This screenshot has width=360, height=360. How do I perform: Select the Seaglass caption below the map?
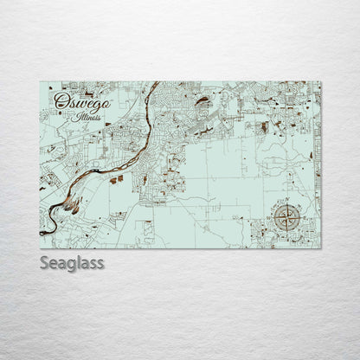coord(72,263)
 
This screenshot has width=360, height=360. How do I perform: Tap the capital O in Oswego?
coord(61,101)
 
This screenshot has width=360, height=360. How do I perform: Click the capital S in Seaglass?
coord(44,262)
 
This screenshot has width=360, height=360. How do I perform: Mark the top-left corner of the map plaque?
coord(40,82)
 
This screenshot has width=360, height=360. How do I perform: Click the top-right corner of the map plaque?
coord(321,82)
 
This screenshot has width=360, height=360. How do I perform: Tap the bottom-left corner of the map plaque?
coord(40,248)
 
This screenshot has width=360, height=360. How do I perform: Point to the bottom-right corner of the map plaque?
coord(321,248)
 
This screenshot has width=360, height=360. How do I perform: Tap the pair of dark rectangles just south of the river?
coord(116,178)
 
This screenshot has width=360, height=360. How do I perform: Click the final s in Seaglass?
coord(100,262)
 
